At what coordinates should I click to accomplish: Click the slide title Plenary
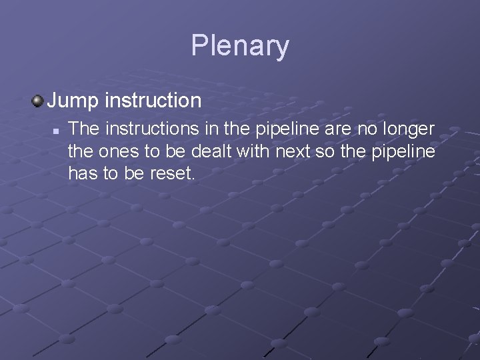point(240,46)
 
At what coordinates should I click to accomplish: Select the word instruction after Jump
point(153,101)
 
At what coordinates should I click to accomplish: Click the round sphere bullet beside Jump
point(37,101)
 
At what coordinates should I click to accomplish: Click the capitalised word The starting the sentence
point(83,127)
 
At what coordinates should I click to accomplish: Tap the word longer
point(412,127)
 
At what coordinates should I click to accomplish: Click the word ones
point(117,151)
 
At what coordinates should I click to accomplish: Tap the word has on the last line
point(83,175)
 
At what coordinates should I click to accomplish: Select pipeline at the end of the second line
point(405,151)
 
